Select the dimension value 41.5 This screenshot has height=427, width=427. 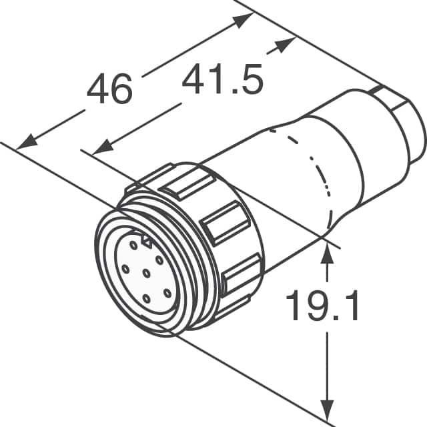tap(223, 80)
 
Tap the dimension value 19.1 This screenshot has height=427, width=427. tap(322, 306)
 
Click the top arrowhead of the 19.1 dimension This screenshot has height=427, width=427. tap(327, 252)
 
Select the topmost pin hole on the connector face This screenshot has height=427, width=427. tap(134, 246)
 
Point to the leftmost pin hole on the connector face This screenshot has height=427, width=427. tap(124, 268)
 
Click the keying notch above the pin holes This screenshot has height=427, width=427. tap(145, 236)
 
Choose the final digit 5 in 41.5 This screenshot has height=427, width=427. tap(252, 80)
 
